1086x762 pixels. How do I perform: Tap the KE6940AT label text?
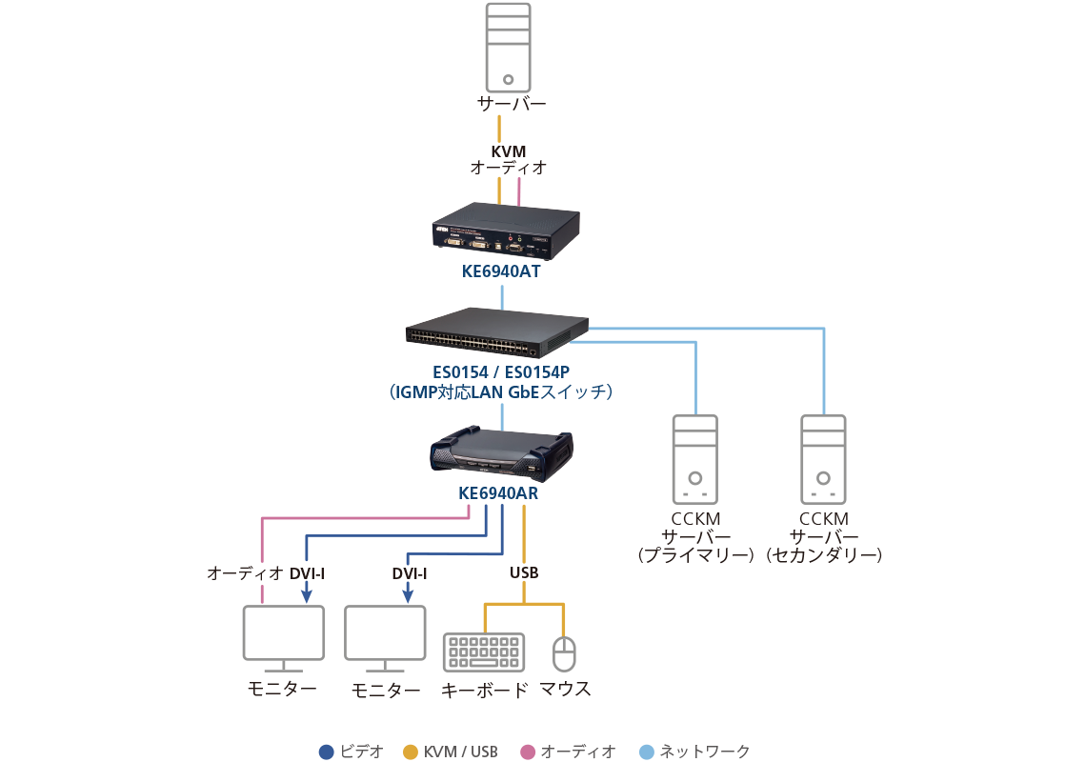tap(501, 271)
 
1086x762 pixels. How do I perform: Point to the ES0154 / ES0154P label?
tap(501, 372)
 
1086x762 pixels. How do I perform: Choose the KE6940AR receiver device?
tap(501, 452)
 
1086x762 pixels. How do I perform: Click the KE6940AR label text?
tap(499, 493)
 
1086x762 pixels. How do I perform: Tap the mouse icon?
tap(565, 655)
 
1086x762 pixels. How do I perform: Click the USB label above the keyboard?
tap(524, 573)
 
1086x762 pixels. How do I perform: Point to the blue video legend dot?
tap(327, 752)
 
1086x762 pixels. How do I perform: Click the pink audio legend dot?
tap(528, 752)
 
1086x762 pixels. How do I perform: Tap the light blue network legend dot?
tap(647, 752)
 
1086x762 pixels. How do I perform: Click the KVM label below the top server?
tap(509, 151)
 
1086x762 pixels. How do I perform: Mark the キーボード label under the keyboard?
tap(484, 691)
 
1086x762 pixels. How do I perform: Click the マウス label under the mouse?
tap(566, 690)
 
